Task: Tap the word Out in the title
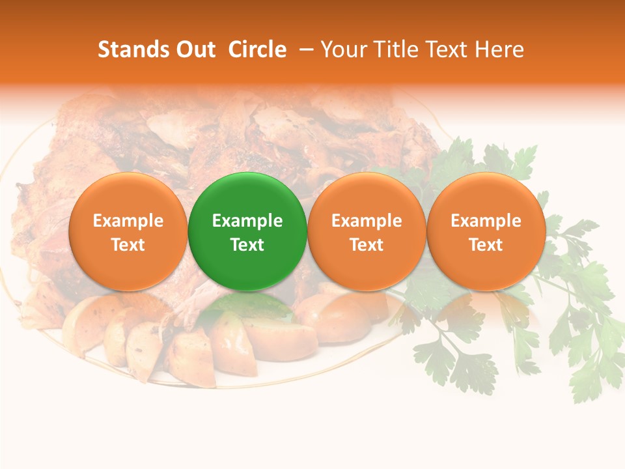click(x=193, y=50)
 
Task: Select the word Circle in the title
click(x=257, y=50)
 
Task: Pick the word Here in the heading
click(x=499, y=50)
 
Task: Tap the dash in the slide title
click(x=307, y=50)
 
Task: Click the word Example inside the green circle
click(x=247, y=221)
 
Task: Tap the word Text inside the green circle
click(x=247, y=245)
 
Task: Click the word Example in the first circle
click(x=128, y=221)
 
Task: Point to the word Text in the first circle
click(x=128, y=245)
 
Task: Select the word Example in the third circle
click(x=367, y=221)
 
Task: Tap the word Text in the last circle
click(x=486, y=245)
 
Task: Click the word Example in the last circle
click(x=486, y=221)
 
